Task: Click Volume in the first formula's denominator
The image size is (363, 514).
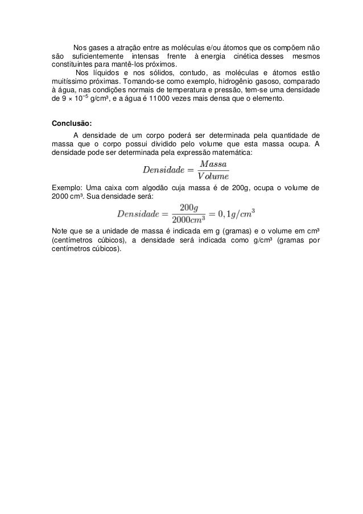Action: coord(207,175)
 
